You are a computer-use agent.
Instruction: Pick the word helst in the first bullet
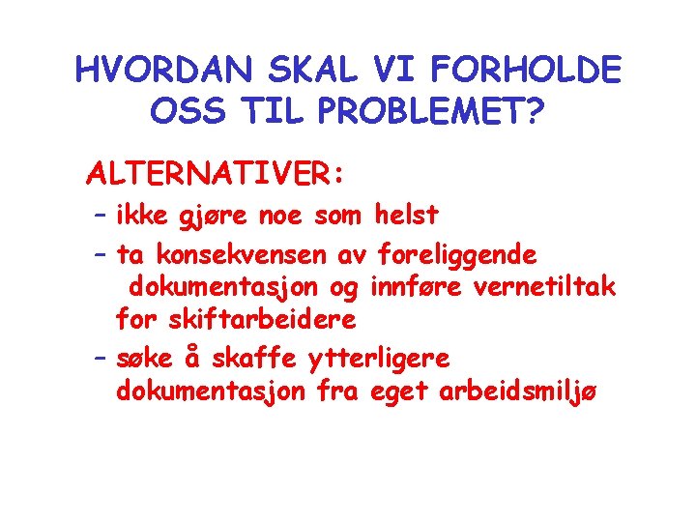tap(406, 214)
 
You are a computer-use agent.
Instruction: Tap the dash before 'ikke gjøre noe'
tap(100, 215)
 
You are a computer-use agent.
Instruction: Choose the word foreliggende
tap(457, 256)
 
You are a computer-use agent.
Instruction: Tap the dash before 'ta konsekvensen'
tap(100, 255)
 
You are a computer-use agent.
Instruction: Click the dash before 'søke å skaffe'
tap(100, 359)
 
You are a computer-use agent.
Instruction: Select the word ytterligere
tap(378, 360)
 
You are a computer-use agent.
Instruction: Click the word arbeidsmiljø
tap(519, 391)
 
